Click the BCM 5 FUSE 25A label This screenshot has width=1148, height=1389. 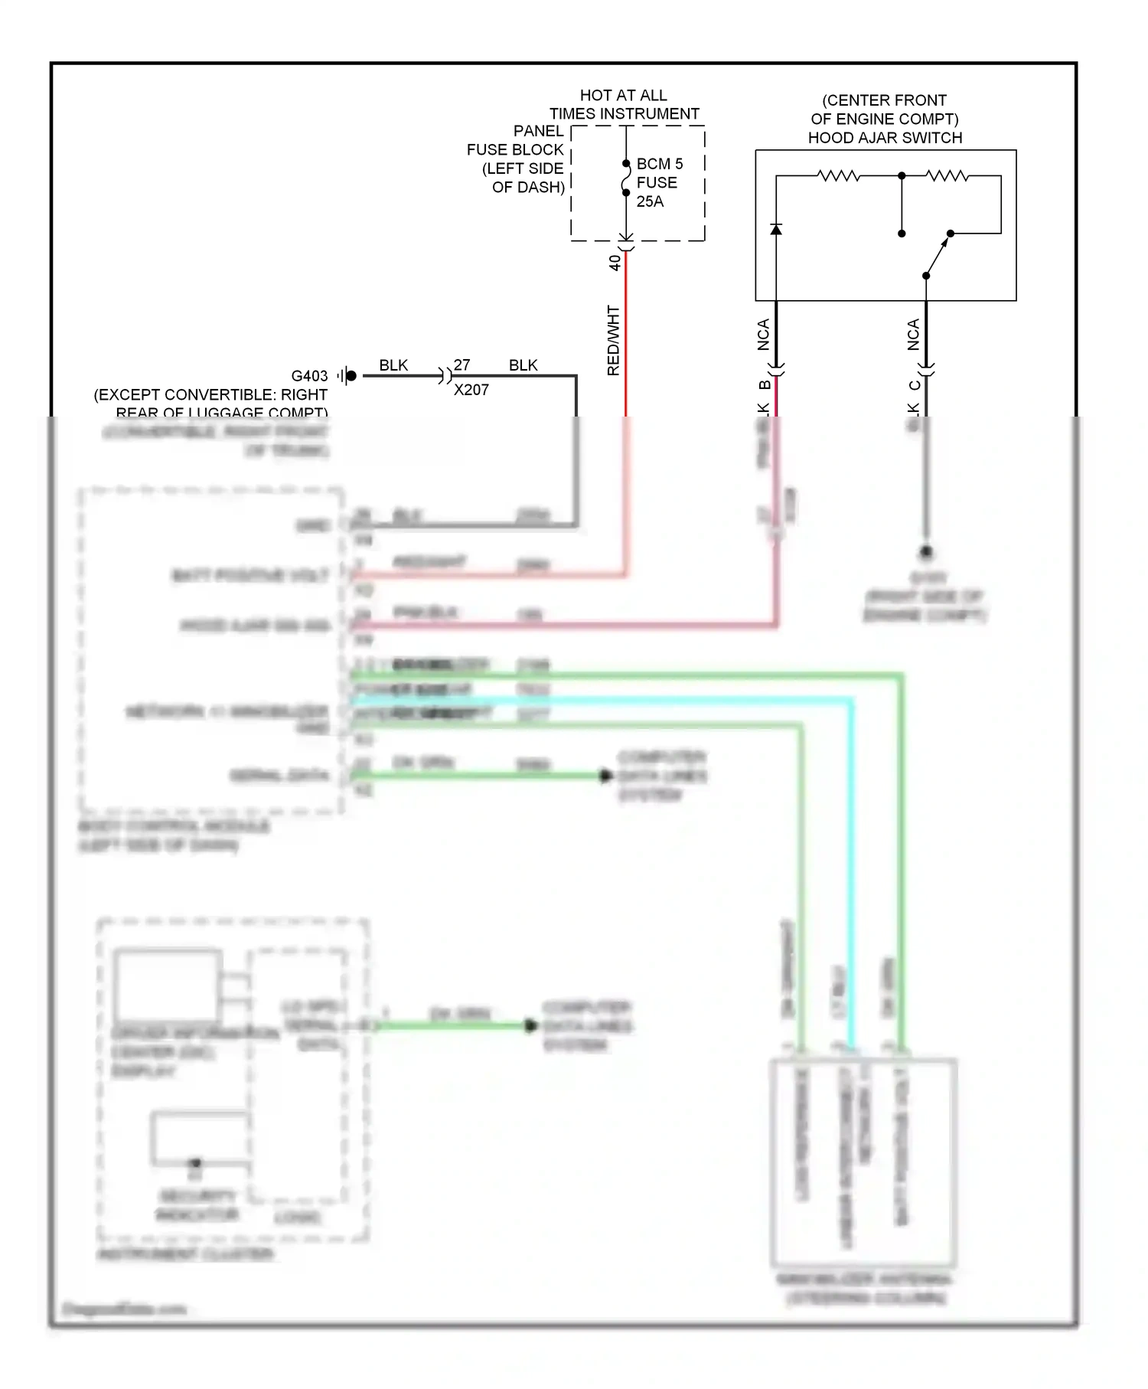658,182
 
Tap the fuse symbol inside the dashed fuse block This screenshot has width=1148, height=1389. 626,178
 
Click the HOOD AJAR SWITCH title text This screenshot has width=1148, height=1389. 885,138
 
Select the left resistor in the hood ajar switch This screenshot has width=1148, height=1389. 839,176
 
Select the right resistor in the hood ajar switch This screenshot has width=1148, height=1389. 947,176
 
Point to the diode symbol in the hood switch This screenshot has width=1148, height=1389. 776,229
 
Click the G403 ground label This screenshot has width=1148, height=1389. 309,376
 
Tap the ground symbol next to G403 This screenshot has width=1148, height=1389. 347,376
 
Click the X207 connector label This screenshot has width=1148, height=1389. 471,390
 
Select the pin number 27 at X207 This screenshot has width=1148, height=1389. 461,365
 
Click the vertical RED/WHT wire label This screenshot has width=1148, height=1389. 613,341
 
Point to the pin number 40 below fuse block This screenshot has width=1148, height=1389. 615,263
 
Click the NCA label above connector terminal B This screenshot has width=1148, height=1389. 763,335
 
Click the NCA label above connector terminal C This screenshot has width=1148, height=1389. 913,335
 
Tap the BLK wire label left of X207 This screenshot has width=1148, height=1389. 393,365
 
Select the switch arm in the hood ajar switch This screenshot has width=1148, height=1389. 937,257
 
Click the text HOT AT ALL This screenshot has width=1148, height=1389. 623,95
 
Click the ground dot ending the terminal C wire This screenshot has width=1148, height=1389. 926,551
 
